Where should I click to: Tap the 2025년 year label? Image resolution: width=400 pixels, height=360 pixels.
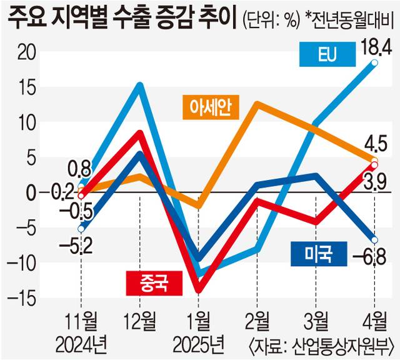(199, 343)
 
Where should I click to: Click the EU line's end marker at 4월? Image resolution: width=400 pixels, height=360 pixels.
(374, 62)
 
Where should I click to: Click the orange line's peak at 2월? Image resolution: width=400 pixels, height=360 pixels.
(257, 104)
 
